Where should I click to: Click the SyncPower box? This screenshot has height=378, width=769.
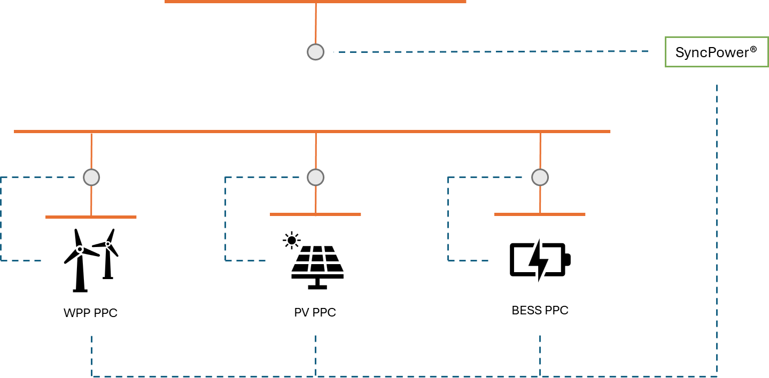click(x=717, y=52)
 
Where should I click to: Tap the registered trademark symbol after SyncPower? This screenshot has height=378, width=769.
click(x=754, y=49)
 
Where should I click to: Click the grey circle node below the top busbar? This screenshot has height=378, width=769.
click(x=315, y=52)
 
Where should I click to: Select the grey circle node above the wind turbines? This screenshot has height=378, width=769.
click(x=91, y=178)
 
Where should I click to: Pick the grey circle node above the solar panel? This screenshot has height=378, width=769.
click(x=315, y=178)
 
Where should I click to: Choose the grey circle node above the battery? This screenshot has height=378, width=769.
click(x=540, y=178)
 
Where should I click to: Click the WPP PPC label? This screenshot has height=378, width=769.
click(x=90, y=313)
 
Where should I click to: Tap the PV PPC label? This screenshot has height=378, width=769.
click(x=315, y=312)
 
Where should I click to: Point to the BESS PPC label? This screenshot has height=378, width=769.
click(x=540, y=310)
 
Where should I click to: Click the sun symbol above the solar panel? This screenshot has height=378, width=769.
click(x=292, y=241)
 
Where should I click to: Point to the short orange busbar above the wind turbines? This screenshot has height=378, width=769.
click(x=91, y=217)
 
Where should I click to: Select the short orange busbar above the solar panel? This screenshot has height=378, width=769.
click(x=315, y=214)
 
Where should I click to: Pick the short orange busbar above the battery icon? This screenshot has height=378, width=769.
click(x=540, y=214)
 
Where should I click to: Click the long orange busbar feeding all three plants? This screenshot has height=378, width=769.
click(x=312, y=132)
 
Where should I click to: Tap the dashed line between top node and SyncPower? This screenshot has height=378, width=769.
click(x=491, y=52)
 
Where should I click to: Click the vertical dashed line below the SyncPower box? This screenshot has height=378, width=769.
click(x=717, y=231)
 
